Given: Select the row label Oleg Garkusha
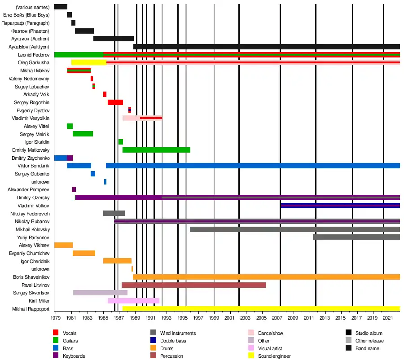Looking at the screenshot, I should coord(34,62).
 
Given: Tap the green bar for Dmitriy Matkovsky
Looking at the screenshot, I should coord(156,150).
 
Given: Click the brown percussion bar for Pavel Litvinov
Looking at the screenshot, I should coord(193,285).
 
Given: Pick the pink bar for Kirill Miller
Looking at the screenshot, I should coord(133,301).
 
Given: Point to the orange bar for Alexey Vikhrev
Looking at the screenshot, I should coord(63,245).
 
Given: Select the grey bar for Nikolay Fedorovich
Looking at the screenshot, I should coord(114,213).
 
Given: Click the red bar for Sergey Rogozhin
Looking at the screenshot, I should coord(115,102).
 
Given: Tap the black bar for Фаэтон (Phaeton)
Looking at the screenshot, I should coord(84,31).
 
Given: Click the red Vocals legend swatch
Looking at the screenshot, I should coord(56,333).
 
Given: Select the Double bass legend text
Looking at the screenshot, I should coord(173,341).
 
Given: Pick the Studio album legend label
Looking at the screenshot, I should coord(369,333).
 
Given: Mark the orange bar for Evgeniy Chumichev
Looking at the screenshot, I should coord(84,253).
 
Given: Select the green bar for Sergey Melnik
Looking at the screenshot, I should coord(83,134).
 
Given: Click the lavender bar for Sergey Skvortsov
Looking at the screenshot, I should coord(100,293).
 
